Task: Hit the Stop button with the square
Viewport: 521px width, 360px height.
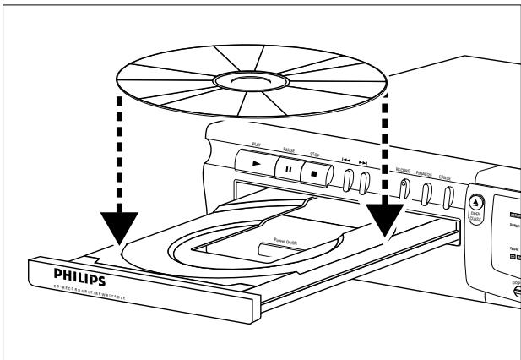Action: point(314,166)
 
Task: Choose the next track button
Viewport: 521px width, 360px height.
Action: point(364,183)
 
